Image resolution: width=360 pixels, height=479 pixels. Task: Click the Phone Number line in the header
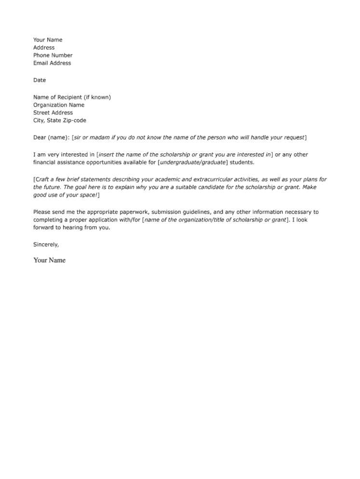point(53,55)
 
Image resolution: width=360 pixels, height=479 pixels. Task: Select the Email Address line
point(52,63)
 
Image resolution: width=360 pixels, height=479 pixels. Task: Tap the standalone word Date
point(40,80)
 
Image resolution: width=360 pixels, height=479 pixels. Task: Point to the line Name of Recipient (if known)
point(72,97)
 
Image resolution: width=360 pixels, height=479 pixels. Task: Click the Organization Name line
point(58,105)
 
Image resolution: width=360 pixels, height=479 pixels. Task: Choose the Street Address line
point(53,113)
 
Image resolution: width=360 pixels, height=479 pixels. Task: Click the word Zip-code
point(74,121)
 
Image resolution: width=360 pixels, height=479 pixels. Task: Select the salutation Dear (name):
point(51,137)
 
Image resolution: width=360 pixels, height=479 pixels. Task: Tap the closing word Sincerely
point(45,245)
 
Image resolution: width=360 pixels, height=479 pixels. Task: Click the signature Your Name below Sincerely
point(49,260)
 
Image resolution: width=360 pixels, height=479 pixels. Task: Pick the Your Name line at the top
point(48,40)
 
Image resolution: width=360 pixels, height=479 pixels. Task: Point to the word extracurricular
point(206,179)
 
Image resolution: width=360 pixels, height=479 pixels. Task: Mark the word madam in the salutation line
point(101,137)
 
